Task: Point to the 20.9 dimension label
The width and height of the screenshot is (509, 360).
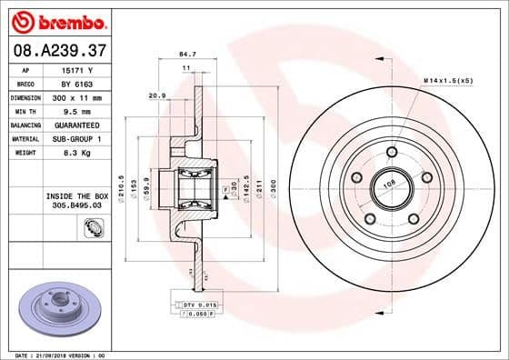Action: click(x=156, y=95)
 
